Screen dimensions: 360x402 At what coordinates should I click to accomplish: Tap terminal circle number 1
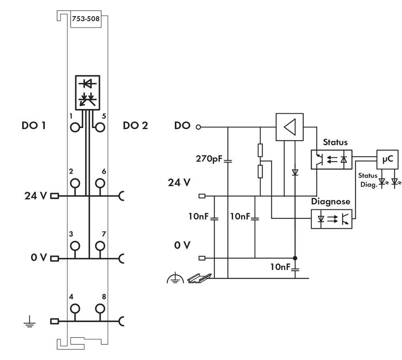(74, 127)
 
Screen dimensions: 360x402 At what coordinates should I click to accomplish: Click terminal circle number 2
(74, 183)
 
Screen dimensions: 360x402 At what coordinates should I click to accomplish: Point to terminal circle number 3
(74, 245)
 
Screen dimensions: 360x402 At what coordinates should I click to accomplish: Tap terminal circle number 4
(74, 309)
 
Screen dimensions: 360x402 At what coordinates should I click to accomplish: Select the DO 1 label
(33, 125)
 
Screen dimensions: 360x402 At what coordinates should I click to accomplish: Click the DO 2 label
(135, 125)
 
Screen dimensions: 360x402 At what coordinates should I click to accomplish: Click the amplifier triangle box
(289, 127)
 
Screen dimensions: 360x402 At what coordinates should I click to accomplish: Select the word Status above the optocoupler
(335, 142)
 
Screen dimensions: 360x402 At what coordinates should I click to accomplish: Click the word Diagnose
(331, 202)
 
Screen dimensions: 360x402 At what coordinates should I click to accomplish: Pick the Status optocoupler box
(332, 160)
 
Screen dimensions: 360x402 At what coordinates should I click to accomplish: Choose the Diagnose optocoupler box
(332, 219)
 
